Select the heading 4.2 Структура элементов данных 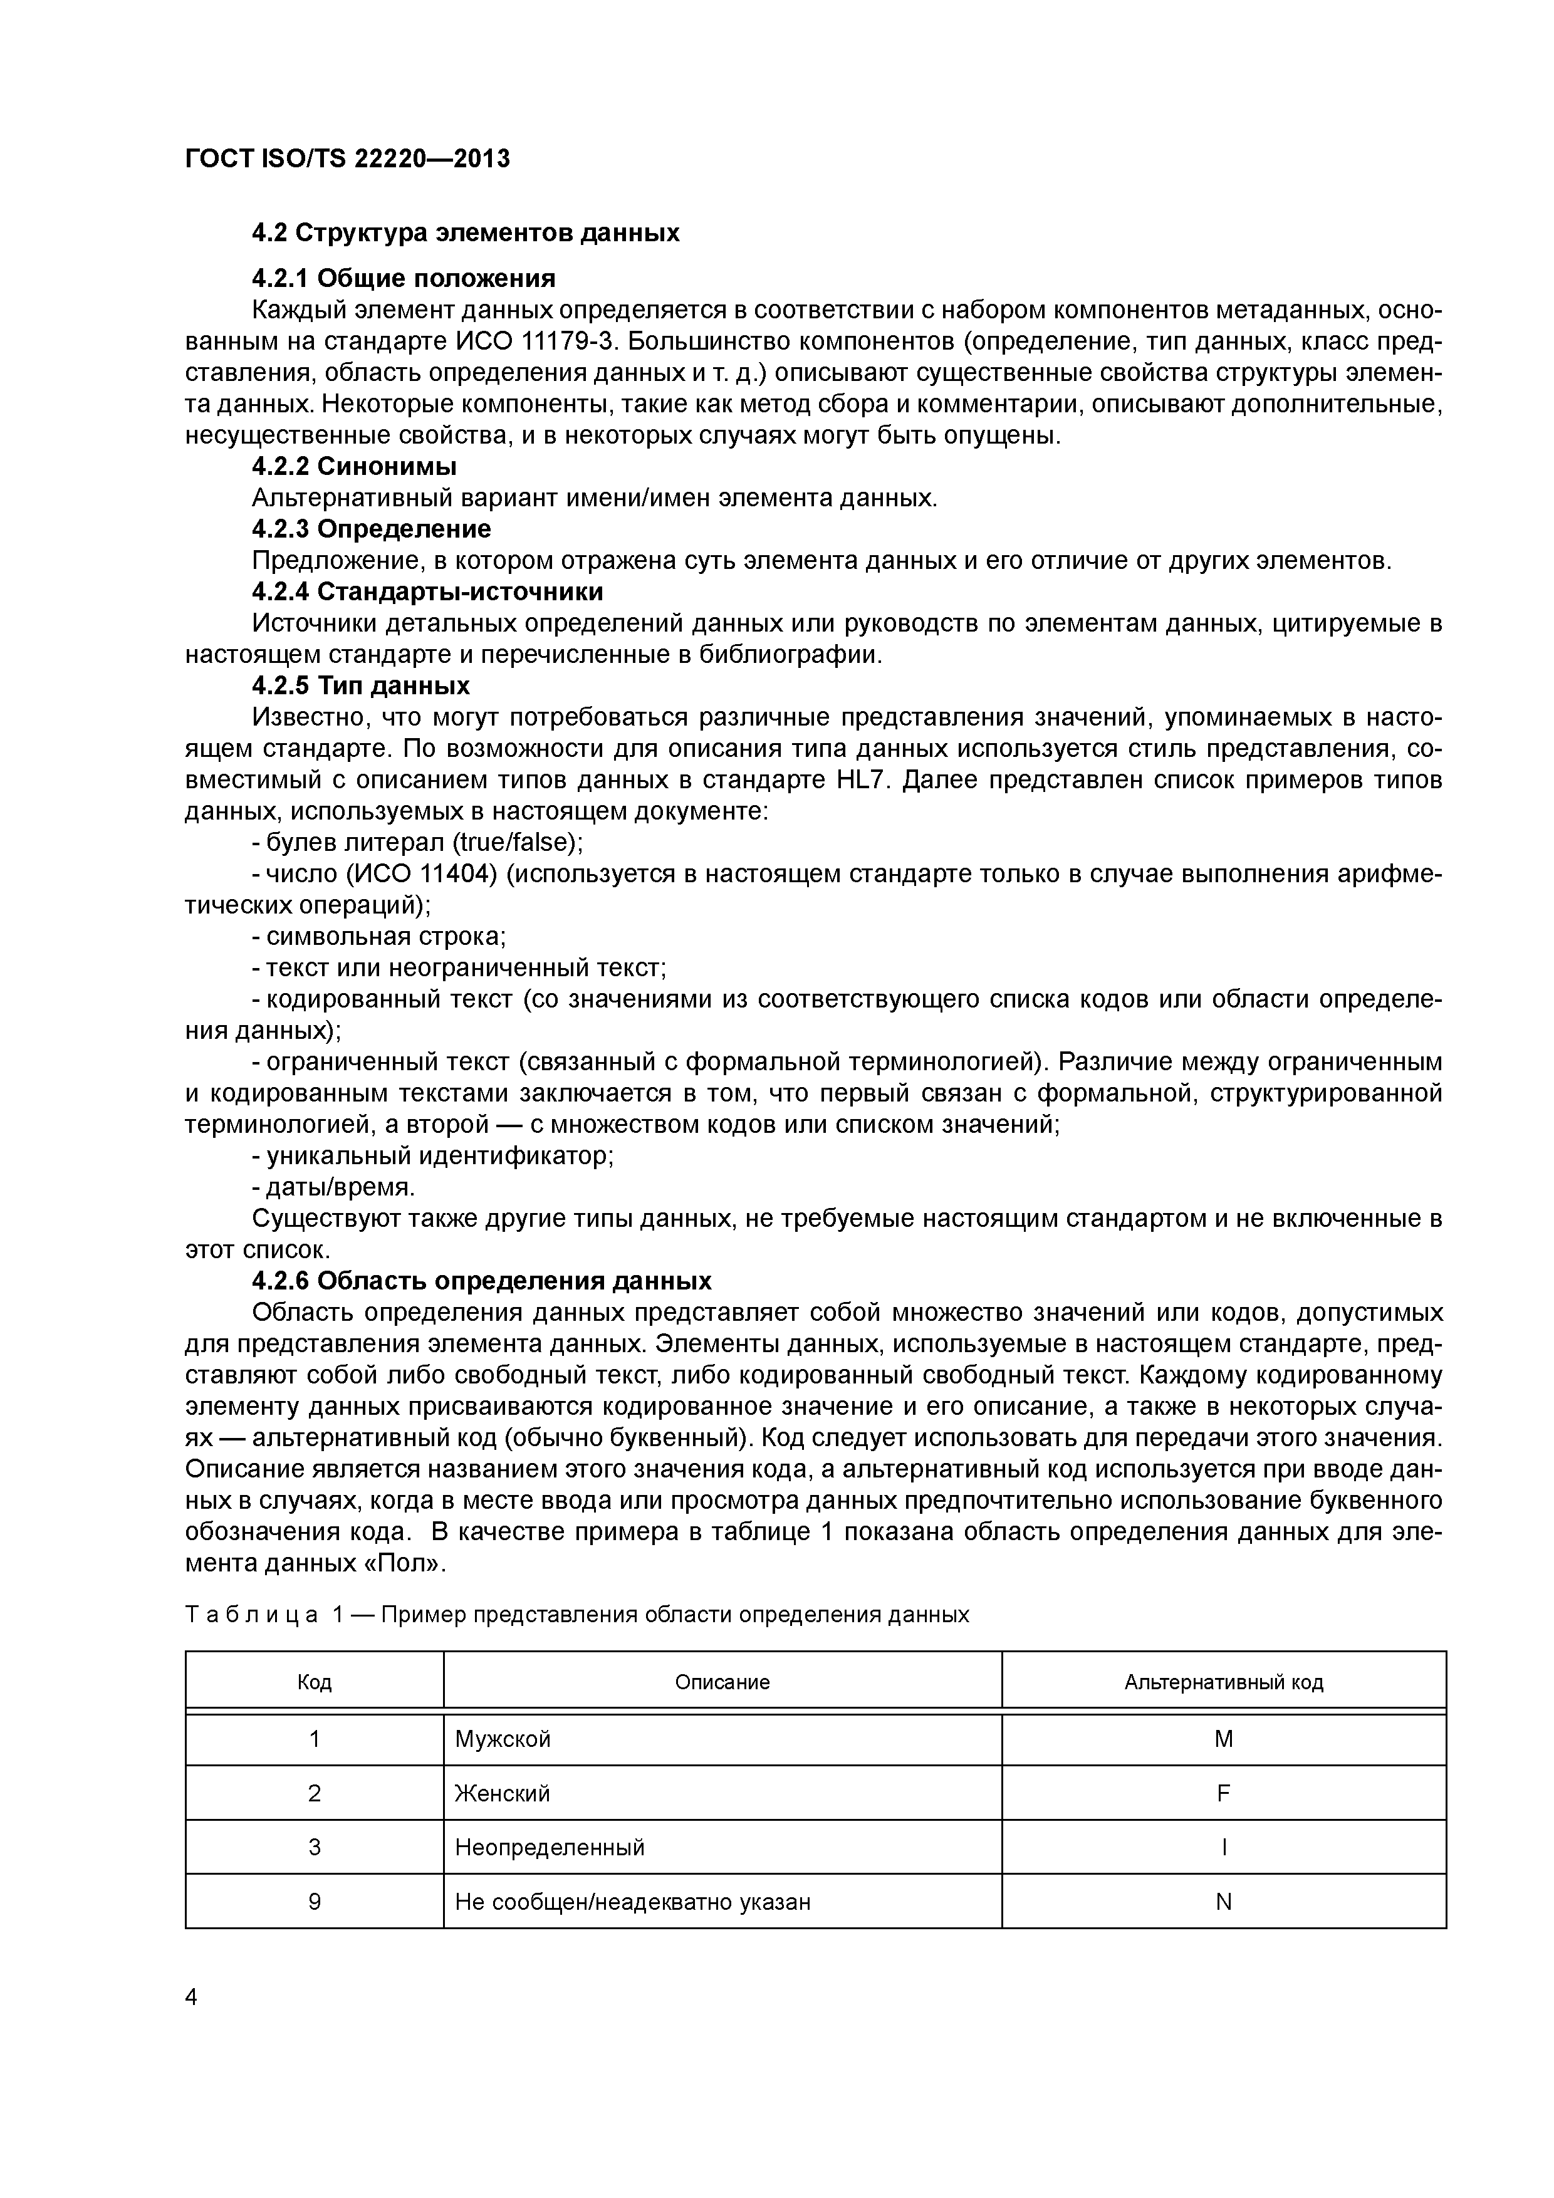click(466, 232)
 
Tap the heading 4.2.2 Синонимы click(353, 467)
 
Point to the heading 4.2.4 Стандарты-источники click(427, 591)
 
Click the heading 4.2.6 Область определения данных click(482, 1281)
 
